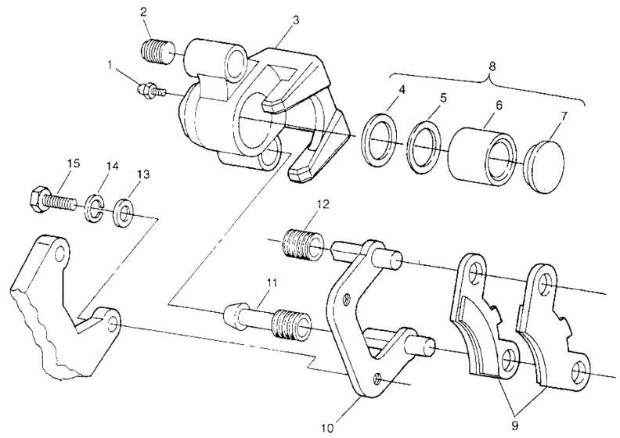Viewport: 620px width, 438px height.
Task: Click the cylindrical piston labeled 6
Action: coord(481,153)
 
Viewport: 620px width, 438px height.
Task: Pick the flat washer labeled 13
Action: coord(123,211)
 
